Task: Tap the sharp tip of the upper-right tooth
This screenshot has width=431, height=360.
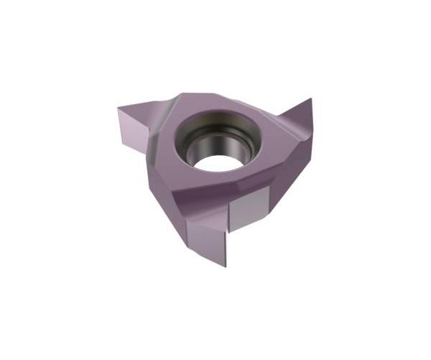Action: (x=312, y=99)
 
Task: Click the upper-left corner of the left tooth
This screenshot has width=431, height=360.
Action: (x=117, y=109)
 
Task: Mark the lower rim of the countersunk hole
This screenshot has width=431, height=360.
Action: (x=215, y=175)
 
